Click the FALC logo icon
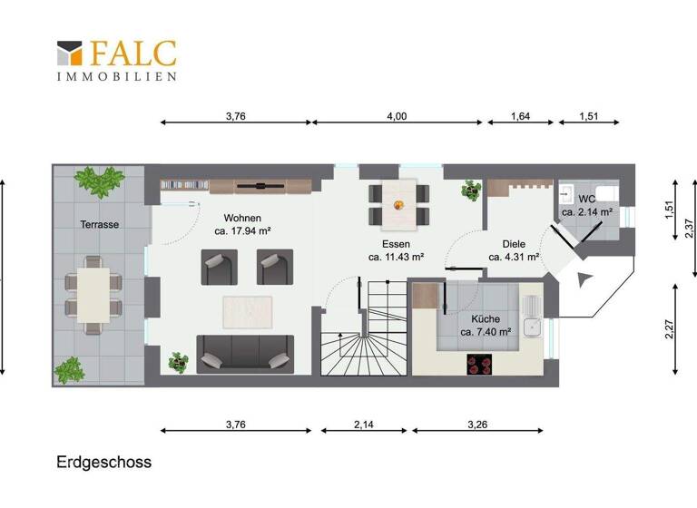(70, 53)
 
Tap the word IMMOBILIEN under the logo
(116, 76)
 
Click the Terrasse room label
(99, 224)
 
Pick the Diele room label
(514, 244)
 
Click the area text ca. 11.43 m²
(397, 257)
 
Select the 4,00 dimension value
(397, 116)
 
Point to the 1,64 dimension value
(521, 116)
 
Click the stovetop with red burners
(481, 364)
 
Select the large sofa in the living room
(244, 353)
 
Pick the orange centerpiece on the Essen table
(398, 203)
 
